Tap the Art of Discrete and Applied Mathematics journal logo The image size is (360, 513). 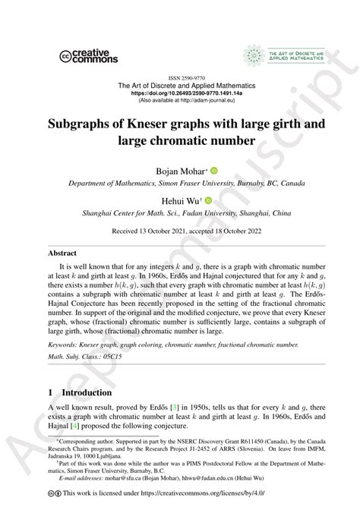tap(286, 55)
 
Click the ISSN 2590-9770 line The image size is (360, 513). tap(179, 77)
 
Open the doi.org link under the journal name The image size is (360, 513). tap(179, 93)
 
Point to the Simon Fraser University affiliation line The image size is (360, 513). tap(179, 184)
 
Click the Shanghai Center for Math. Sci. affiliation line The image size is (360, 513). tap(179, 214)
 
